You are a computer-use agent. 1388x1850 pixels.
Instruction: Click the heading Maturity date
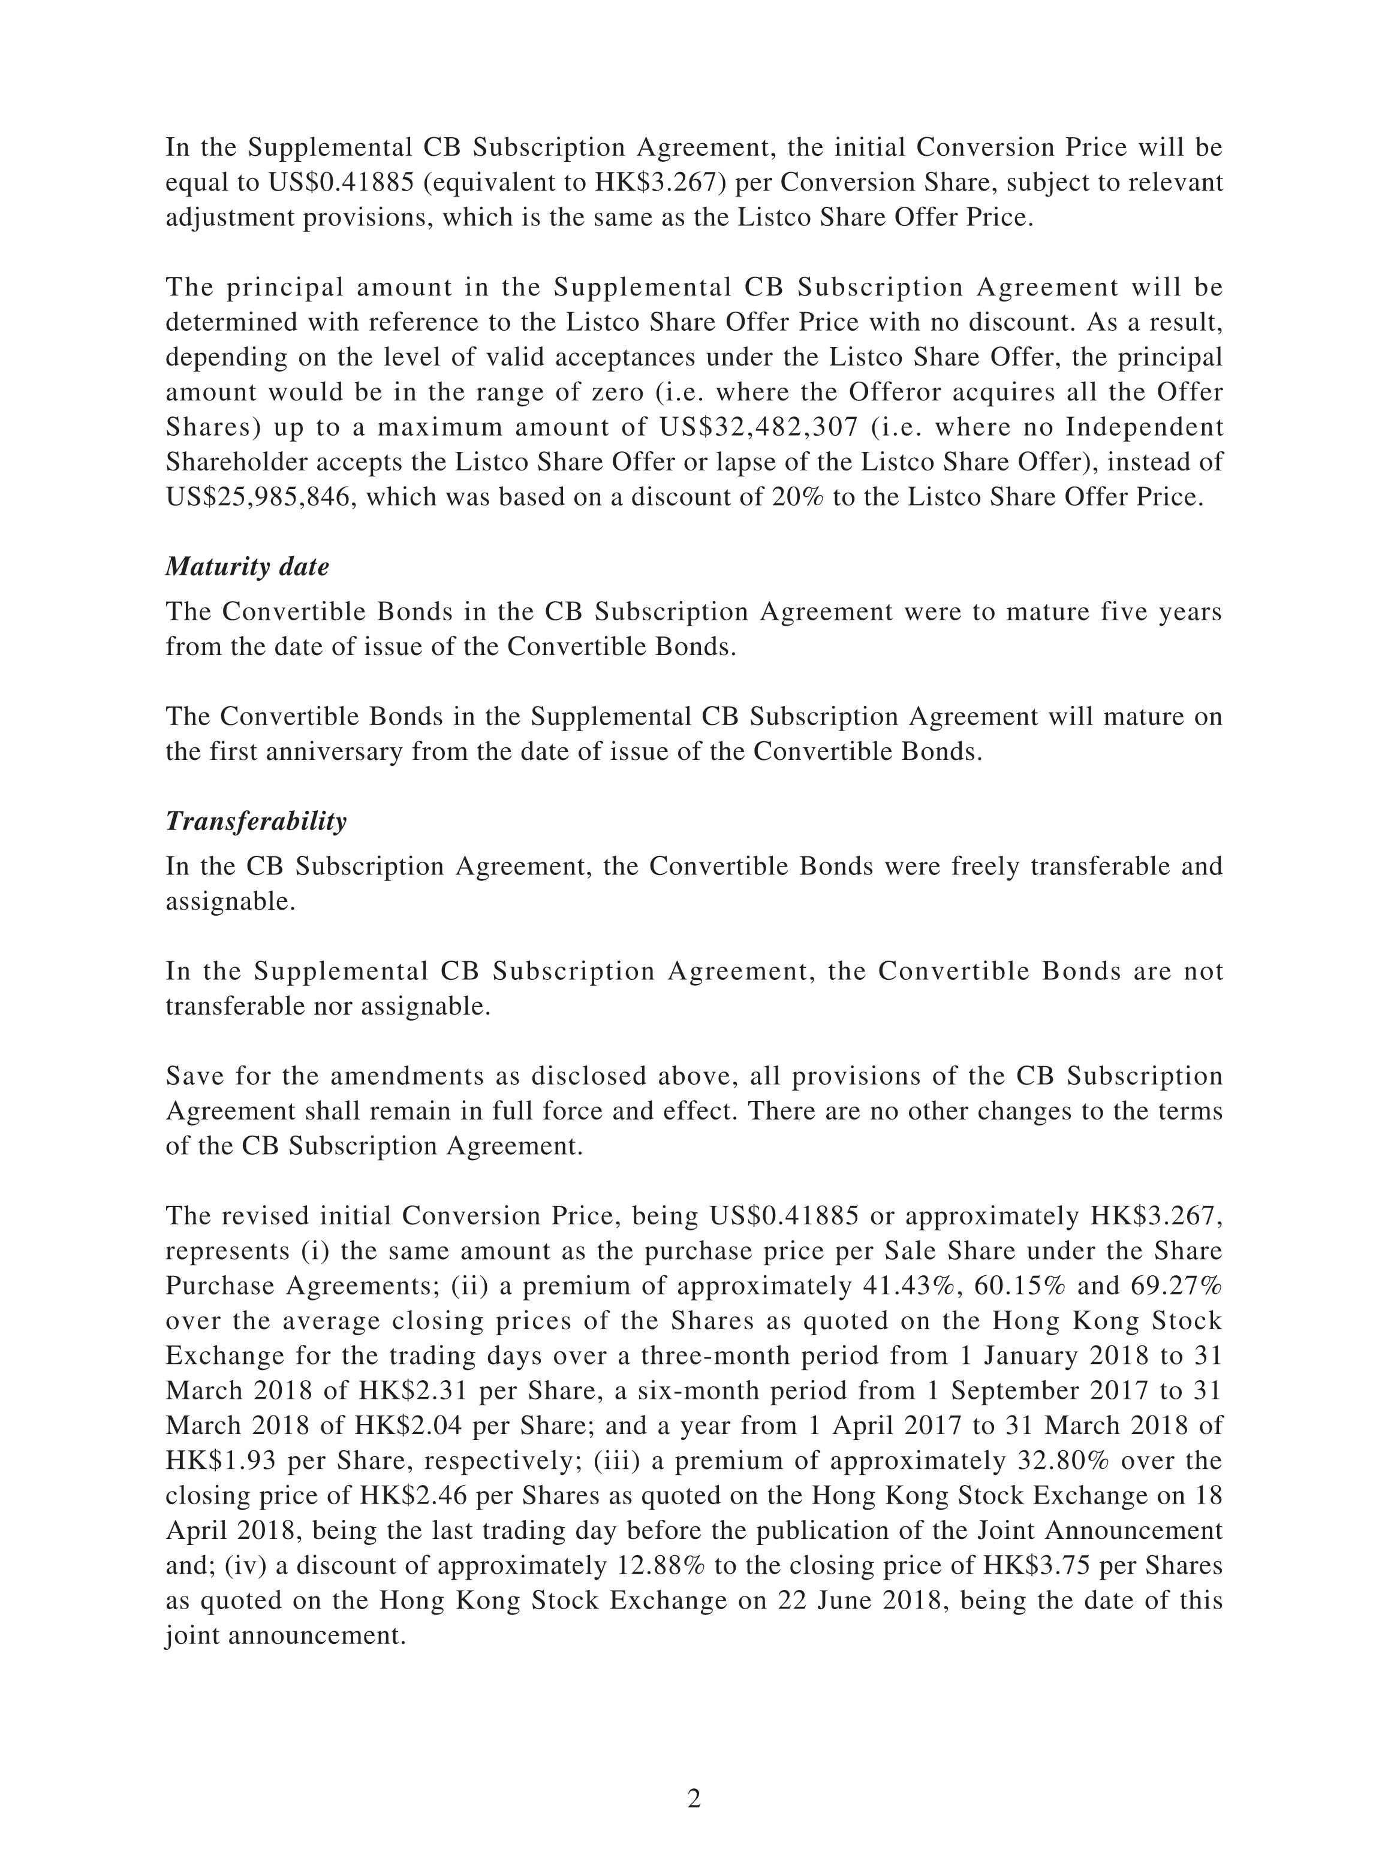(x=247, y=567)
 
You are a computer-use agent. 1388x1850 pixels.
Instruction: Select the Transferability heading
(x=255, y=821)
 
